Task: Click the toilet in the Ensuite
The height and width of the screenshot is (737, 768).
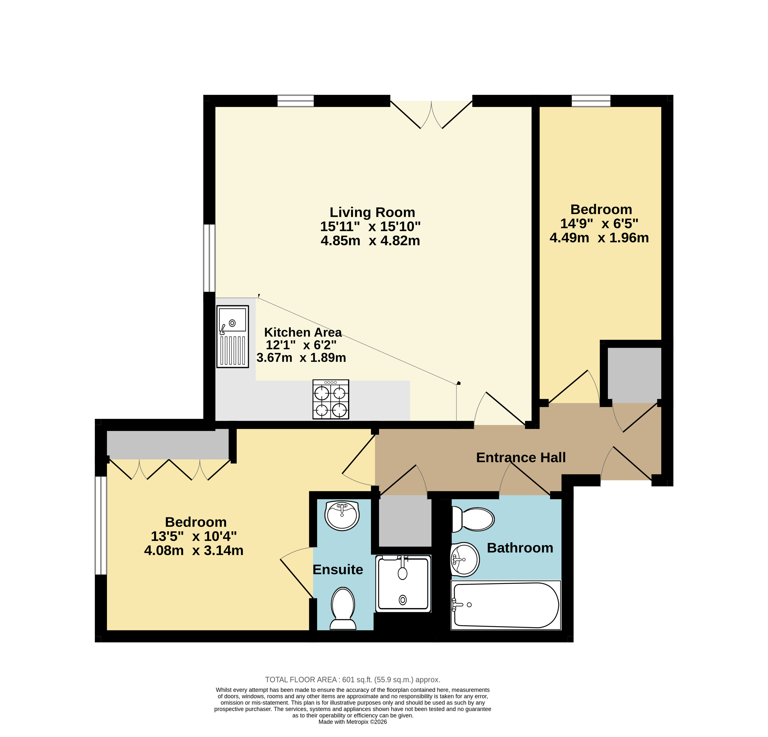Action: click(x=343, y=608)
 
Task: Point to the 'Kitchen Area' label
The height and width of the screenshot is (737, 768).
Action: click(x=303, y=332)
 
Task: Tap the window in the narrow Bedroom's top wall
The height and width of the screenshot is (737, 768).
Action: click(x=591, y=101)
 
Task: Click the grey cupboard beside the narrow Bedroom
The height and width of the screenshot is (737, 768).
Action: click(x=634, y=375)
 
